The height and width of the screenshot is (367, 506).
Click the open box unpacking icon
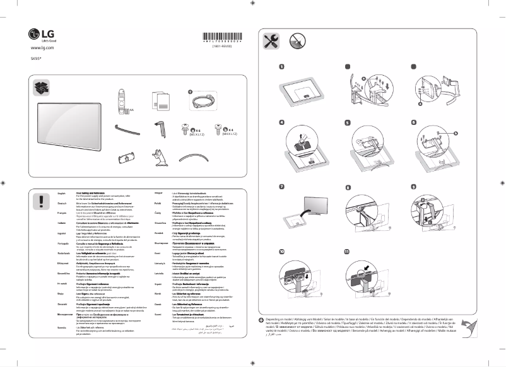click(x=43, y=87)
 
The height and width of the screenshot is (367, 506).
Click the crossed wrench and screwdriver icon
click(x=273, y=41)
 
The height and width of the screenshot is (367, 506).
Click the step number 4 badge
click(x=283, y=122)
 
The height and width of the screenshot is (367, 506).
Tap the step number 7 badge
click(x=283, y=187)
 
